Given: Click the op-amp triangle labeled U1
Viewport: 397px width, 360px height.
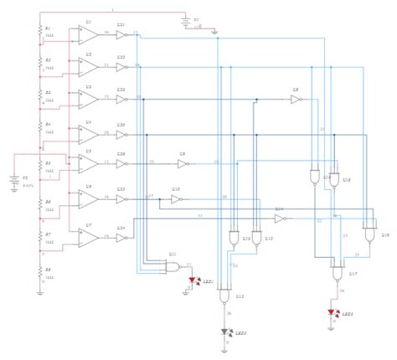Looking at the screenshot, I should click(x=88, y=34).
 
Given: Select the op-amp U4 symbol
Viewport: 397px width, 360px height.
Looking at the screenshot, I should click(x=88, y=132).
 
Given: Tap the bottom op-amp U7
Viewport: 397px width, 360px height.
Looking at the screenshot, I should click(x=88, y=237).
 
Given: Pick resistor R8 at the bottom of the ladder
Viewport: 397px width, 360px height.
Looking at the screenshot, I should click(x=39, y=270).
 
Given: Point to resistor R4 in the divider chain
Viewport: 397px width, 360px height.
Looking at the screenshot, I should click(x=39, y=128).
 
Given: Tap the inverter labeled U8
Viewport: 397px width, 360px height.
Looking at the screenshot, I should click(x=296, y=99).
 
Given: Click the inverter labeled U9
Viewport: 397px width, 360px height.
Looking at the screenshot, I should click(x=182, y=163).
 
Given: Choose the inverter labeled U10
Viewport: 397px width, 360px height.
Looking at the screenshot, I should click(x=176, y=199).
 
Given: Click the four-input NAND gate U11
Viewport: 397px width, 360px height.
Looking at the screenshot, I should click(x=173, y=267).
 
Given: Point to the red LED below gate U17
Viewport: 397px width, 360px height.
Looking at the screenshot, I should click(x=333, y=314).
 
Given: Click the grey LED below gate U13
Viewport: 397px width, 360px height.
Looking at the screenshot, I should click(x=225, y=332).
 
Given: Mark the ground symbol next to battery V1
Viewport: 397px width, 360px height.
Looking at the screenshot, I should click(x=214, y=33).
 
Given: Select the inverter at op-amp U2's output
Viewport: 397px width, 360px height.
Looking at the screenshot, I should click(x=121, y=67).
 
